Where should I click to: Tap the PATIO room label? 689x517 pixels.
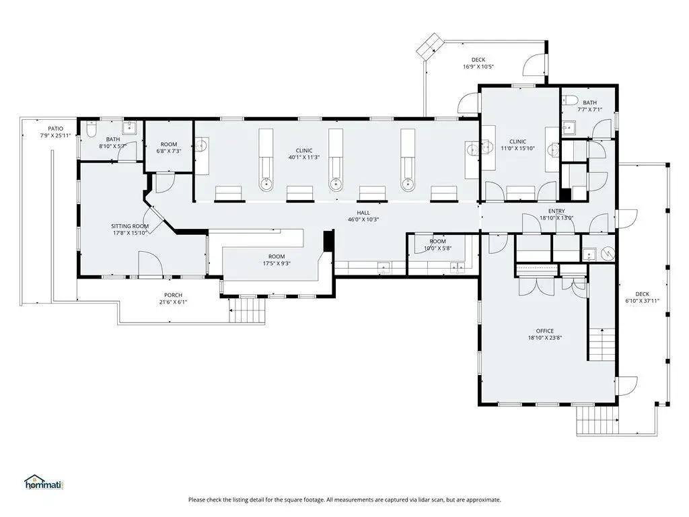click(x=55, y=129)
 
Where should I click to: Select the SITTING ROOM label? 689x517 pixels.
click(x=130, y=226)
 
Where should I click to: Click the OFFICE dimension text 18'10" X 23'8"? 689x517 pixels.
click(x=545, y=338)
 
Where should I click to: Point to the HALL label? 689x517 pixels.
click(x=363, y=212)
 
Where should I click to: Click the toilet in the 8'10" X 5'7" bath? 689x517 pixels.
click(x=92, y=129)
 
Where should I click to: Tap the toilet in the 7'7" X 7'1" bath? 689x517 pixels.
click(x=569, y=100)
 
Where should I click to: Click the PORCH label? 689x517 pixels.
click(x=173, y=295)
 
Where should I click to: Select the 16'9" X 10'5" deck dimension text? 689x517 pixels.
click(x=478, y=67)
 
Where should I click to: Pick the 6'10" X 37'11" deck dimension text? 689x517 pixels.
click(x=643, y=301)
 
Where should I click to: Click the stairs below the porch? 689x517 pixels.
click(x=248, y=310)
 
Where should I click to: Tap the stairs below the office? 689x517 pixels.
click(x=597, y=420)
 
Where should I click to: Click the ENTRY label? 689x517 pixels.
click(x=556, y=211)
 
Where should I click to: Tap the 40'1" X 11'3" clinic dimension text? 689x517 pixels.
click(x=304, y=158)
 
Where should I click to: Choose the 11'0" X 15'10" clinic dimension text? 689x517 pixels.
click(x=517, y=148)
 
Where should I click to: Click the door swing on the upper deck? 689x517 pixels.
click(x=534, y=65)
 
